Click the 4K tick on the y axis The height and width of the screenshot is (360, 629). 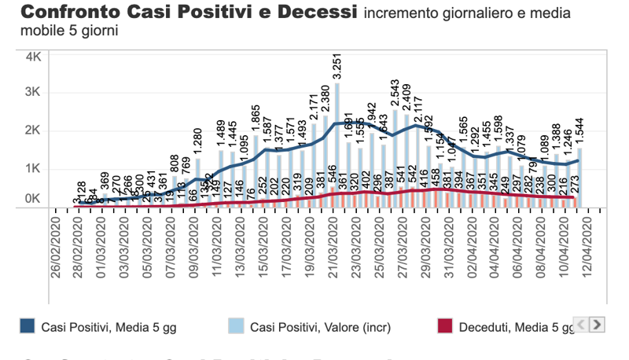(35, 57)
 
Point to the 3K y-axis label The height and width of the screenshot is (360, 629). (35, 92)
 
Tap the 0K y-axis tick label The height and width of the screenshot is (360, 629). (35, 200)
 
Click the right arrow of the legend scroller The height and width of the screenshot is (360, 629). (598, 324)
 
